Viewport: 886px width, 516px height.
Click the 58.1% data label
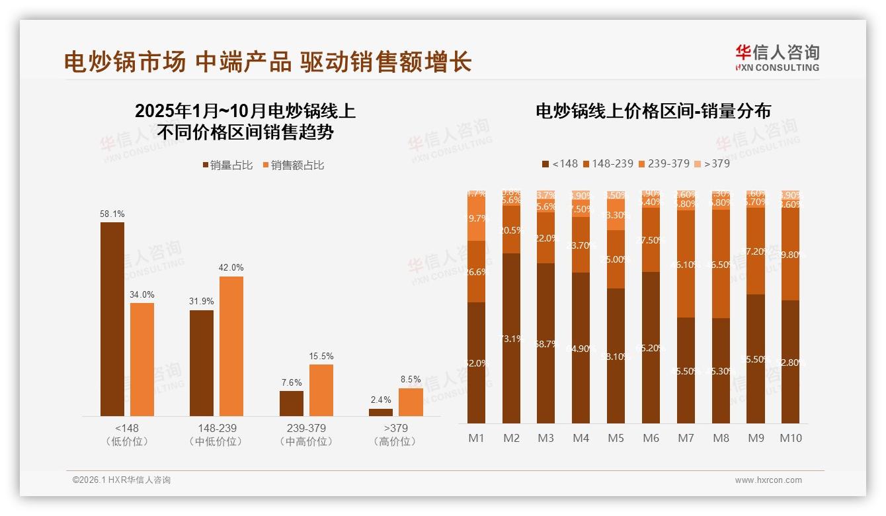coord(112,214)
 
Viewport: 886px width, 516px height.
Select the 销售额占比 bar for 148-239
coord(231,346)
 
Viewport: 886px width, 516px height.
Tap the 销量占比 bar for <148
coord(112,319)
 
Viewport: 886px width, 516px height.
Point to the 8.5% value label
coord(411,380)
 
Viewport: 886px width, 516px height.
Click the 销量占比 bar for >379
coord(381,412)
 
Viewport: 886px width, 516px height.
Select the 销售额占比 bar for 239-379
coord(321,390)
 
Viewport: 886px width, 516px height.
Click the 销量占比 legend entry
coord(227,165)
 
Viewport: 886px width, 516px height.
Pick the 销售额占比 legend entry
coord(294,165)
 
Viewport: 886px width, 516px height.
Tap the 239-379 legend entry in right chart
coord(664,163)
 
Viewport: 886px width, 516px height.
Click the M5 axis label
coord(616,438)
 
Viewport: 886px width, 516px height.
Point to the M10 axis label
coord(791,438)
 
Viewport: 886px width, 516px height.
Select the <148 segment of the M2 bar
coord(511,338)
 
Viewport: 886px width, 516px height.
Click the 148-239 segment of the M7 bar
coord(686,264)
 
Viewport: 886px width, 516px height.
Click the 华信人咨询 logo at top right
coord(777,58)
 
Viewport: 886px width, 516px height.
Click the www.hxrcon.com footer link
coord(768,480)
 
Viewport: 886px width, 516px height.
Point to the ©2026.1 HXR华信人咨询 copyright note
coord(122,480)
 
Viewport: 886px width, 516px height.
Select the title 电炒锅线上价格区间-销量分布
coord(653,111)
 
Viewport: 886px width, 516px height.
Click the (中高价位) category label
coord(306,442)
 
